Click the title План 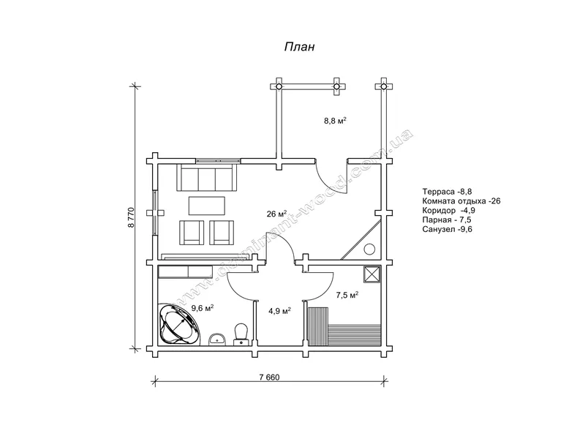pos(300,47)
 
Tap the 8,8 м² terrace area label pos(336,121)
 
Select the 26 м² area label pos(276,214)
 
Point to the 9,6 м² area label pos(203,308)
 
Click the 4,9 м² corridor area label pos(279,310)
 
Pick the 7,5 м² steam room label pos(347,295)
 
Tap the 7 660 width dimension pos(269,377)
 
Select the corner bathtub pos(179,324)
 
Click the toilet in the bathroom pos(241,334)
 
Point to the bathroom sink pos(216,339)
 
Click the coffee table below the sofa pos(207,206)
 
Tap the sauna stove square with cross pos(372,275)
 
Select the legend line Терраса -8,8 pos(447,192)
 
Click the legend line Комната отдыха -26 pos(461,201)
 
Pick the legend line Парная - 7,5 pos(447,220)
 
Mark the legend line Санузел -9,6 pos(447,229)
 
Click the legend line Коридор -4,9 pos(449,211)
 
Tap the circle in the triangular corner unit pos(369,249)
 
